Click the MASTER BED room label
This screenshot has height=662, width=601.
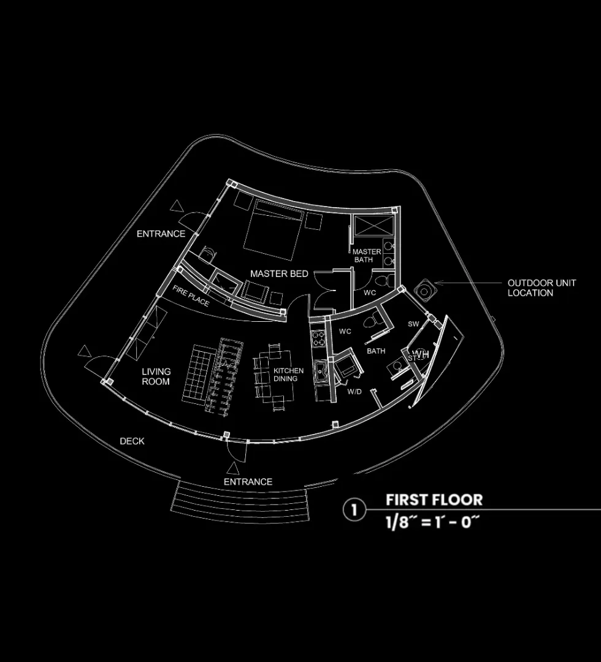tap(279, 273)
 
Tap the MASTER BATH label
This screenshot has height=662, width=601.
tap(367, 256)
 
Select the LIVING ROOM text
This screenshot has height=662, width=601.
tap(156, 376)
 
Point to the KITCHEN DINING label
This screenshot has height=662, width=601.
tap(288, 375)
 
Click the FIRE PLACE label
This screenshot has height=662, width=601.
tap(191, 296)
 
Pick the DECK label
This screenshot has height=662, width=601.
tap(132, 441)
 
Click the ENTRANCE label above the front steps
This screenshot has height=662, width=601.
tap(248, 482)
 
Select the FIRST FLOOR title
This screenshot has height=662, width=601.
tap(434, 500)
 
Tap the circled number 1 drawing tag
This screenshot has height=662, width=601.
tap(354, 509)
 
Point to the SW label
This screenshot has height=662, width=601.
tap(413, 323)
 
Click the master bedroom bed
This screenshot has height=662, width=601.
tap(274, 229)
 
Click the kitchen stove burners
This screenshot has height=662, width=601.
tap(319, 339)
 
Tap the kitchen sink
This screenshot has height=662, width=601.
tap(320, 370)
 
